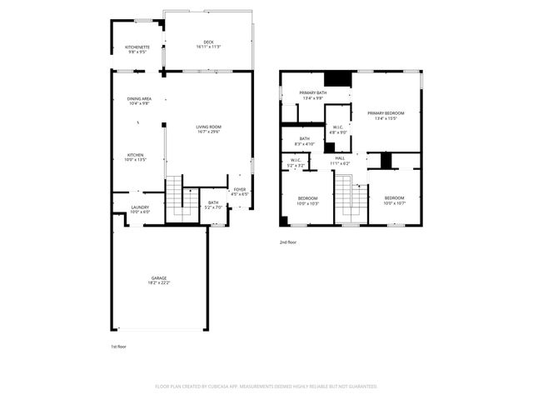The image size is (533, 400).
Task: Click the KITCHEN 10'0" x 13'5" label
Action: click(x=136, y=157)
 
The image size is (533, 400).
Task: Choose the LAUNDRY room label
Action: click(x=140, y=209)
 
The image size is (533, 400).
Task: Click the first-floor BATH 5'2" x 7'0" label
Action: click(x=214, y=204)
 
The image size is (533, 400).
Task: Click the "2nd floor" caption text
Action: click(x=288, y=242)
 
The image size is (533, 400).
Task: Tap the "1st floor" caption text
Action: click(x=118, y=346)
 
